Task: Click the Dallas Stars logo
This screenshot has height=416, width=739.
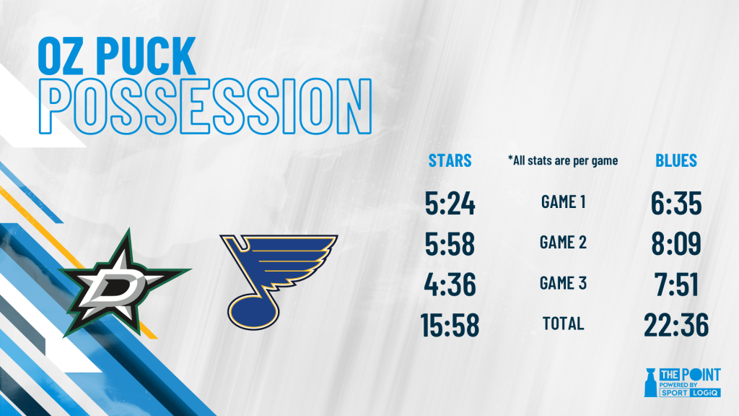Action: tap(123, 283)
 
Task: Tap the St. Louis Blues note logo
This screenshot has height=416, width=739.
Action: tap(278, 282)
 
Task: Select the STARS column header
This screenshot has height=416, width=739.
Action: tap(450, 161)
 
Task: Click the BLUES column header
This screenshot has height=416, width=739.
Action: tap(675, 161)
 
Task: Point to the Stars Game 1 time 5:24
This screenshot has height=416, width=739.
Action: tap(450, 203)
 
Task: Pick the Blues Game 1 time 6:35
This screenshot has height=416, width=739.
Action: tap(676, 203)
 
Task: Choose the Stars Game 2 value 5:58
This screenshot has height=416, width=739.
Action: tap(450, 244)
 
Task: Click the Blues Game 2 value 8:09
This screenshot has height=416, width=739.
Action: tap(676, 244)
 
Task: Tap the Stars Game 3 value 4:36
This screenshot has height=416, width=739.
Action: tap(450, 285)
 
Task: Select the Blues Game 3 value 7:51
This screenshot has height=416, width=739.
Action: tap(676, 285)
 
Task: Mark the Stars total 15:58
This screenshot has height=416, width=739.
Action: tap(450, 325)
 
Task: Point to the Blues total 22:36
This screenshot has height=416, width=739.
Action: tap(676, 325)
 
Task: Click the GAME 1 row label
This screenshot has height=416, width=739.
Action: tap(563, 202)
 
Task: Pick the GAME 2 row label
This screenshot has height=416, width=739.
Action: tap(563, 243)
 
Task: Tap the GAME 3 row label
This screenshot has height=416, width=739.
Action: tap(563, 283)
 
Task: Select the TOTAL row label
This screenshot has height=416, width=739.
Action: tap(563, 324)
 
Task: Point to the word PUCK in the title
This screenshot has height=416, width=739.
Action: tap(146, 56)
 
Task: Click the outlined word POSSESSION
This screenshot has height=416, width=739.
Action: tap(205, 106)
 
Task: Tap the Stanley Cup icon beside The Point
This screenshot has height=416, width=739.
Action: tap(650, 382)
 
